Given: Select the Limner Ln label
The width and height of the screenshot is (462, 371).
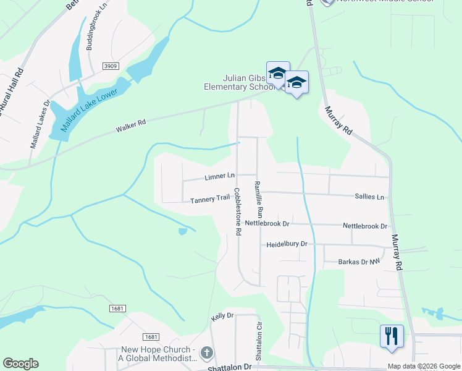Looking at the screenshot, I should point(219,177).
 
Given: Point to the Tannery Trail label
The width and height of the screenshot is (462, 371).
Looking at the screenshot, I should point(210,199).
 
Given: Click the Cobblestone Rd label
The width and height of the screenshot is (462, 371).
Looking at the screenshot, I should point(237,211).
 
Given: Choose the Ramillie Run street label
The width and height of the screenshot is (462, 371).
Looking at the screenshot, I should point(259,198).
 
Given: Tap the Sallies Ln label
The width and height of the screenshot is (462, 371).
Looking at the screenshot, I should point(369,197).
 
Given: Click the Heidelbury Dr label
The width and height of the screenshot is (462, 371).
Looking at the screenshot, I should point(287,244).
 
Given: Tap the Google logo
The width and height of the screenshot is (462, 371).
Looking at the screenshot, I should point(20,364).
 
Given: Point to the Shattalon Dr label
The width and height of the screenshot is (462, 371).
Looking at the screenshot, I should point(229,367).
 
